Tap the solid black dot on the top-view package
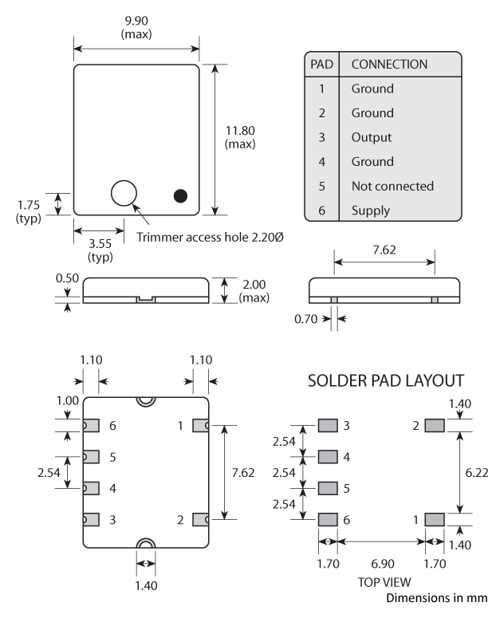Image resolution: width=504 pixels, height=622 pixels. pos(181,195)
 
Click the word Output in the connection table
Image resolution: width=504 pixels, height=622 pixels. pos(372,137)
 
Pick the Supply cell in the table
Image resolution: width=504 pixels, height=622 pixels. pos(370,211)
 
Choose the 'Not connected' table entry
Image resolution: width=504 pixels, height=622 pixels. pos(392,186)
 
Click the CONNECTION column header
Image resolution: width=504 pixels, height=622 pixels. pos(389,64)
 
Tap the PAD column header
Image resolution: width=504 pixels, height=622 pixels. pos(321,64)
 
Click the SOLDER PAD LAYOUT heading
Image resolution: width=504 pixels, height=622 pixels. pos(386,382)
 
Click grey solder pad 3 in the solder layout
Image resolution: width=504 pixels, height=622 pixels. pos(328,426)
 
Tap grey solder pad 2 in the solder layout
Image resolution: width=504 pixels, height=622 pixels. pos(434,426)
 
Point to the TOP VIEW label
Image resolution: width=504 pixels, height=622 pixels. pos(380,582)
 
